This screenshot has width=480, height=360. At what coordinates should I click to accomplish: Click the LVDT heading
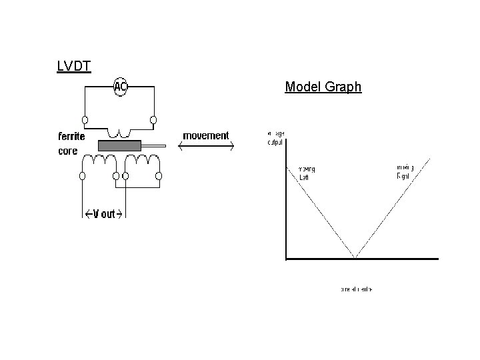74,66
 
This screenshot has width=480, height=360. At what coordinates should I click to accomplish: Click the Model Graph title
323,87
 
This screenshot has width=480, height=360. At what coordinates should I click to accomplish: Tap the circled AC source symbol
120,87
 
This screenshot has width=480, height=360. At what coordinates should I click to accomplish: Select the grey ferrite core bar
119,145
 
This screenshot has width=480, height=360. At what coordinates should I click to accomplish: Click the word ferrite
71,137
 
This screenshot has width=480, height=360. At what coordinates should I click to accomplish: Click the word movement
205,136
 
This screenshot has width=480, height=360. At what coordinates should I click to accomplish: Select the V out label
104,213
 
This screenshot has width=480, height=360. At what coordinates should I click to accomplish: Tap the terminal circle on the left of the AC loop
85,120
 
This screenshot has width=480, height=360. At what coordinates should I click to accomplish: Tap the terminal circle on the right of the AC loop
153,120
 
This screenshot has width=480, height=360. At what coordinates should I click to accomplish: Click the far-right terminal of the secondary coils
159,176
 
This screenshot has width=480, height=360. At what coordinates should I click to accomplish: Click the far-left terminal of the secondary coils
83,176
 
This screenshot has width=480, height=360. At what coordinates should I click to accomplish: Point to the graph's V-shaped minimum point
355,256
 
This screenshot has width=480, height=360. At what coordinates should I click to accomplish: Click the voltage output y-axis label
275,138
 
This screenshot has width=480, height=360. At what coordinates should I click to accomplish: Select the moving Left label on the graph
307,173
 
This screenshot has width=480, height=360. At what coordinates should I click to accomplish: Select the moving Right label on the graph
405,171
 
